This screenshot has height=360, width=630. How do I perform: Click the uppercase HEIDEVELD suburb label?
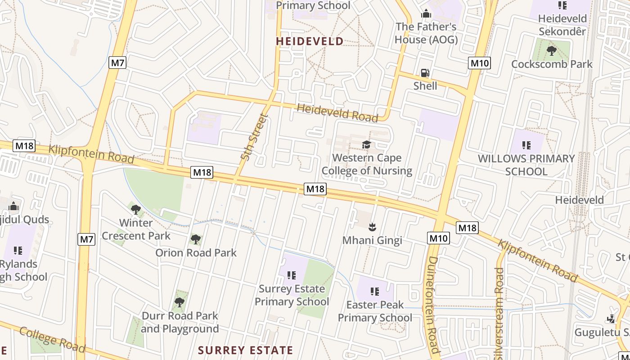310,41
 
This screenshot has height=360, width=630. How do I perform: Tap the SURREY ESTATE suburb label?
245,350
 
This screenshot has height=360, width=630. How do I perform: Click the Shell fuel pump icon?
425,73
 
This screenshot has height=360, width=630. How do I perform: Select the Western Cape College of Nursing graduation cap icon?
367,144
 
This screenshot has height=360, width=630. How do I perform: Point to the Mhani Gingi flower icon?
372,226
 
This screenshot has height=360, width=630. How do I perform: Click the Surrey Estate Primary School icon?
292,275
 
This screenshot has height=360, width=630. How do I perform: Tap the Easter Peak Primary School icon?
375,292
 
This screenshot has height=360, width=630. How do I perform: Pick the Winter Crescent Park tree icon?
136,209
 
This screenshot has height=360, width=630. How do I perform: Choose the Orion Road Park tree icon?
196,239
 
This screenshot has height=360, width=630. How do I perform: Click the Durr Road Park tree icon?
180,302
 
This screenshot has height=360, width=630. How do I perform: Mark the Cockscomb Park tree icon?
552,51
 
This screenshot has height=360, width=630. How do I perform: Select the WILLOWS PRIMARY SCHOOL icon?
526,145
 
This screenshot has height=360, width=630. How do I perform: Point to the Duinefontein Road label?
432,305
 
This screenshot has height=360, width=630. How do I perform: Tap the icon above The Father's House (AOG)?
426,14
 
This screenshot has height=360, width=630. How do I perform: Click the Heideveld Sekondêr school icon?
562,5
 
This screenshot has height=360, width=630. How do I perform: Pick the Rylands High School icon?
18,250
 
